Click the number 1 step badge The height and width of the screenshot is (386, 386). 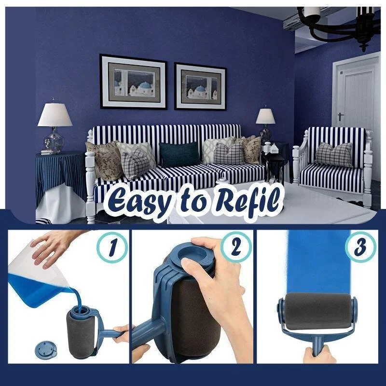pos(112,247)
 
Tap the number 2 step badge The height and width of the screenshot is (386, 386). pos(236,247)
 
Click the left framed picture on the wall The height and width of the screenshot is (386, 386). pos(134,82)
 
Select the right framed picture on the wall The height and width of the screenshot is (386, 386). pos(200,86)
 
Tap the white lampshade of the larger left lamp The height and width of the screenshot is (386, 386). pos(55,115)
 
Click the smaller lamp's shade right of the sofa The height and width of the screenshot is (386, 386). pos(265,116)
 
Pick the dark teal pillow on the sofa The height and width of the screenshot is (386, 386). pos(179,154)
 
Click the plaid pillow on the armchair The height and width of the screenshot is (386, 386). pos(334,154)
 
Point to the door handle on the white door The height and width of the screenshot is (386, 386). pos(341,116)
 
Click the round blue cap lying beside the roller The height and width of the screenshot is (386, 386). pos(46,349)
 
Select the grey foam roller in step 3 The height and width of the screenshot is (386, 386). pos(317,311)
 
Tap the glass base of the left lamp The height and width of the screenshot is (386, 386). pos(54,140)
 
